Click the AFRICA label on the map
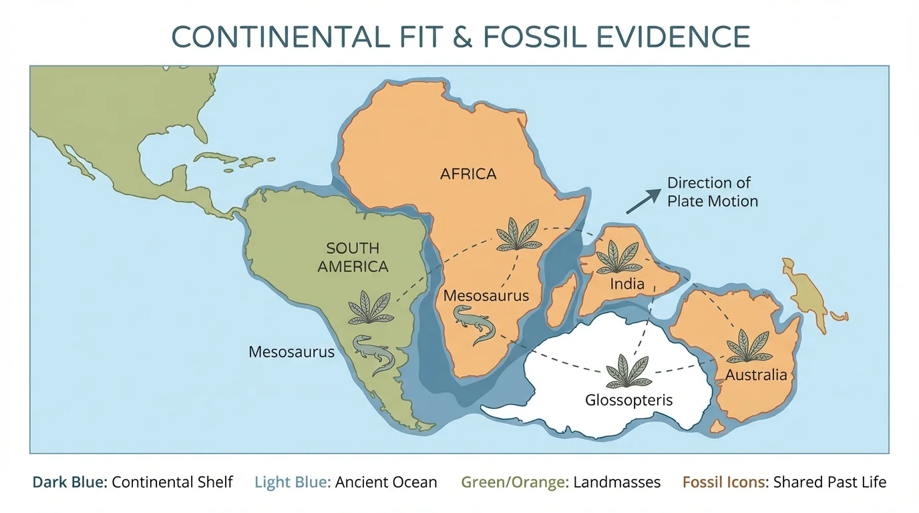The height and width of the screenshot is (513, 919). (468, 174)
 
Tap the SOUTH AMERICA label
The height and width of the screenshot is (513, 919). (353, 257)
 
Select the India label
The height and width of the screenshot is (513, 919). (627, 284)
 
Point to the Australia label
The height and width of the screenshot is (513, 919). (756, 375)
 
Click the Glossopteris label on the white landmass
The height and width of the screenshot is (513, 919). (628, 400)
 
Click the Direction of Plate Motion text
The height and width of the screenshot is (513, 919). (712, 192)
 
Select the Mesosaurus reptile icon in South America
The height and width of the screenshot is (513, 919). (374, 353)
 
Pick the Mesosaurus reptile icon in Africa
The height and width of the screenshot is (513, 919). (474, 324)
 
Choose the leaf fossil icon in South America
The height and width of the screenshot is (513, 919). (369, 307)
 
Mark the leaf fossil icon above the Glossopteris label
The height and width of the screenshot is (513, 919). (628, 371)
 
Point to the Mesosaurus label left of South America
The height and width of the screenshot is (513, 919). (291, 351)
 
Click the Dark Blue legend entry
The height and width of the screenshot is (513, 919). (132, 482)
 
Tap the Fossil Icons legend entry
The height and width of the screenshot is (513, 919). (784, 482)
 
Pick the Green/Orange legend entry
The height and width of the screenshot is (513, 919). (560, 482)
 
